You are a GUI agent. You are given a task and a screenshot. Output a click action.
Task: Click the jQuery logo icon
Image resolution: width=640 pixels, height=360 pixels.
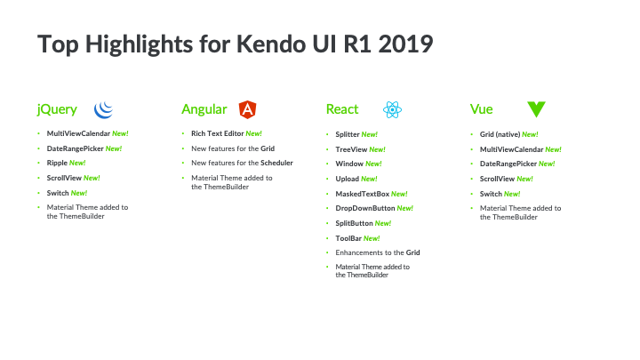[104, 110]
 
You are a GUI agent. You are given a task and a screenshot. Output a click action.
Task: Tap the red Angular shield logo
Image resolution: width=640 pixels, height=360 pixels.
[247, 109]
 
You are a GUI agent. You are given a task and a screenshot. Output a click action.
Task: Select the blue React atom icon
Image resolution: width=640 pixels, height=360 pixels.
[392, 110]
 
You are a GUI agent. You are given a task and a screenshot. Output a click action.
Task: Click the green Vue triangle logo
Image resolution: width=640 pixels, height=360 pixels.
[536, 109]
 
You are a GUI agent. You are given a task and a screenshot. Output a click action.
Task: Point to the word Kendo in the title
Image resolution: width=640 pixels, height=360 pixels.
[271, 44]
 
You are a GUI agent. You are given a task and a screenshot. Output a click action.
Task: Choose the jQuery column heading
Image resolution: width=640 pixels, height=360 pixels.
[57, 109]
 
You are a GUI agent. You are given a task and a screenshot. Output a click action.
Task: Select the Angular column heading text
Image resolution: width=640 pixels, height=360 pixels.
[204, 109]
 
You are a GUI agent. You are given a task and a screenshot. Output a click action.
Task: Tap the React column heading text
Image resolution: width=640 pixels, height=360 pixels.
[342, 109]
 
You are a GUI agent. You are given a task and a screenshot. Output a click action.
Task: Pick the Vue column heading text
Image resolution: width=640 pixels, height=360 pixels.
[481, 109]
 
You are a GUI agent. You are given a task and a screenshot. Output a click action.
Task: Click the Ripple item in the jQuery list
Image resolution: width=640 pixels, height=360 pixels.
[57, 163]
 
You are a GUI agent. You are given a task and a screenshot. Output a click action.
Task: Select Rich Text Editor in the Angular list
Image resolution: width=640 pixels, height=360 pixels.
[218, 133]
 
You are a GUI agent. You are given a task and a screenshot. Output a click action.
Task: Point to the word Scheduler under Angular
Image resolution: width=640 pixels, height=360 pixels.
[276, 163]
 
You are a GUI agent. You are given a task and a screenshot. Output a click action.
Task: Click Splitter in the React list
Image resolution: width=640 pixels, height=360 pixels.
[348, 134]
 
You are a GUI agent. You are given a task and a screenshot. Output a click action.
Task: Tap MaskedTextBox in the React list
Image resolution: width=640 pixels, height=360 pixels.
[363, 194]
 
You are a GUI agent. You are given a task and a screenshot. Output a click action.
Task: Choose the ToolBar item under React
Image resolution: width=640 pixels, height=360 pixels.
[348, 238]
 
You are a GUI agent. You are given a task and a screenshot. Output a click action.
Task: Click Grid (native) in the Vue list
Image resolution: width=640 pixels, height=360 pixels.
[500, 134]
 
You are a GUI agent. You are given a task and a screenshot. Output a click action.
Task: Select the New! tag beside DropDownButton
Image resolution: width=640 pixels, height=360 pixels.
[405, 208]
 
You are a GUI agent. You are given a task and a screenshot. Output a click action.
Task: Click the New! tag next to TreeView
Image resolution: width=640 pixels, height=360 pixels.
[377, 149]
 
